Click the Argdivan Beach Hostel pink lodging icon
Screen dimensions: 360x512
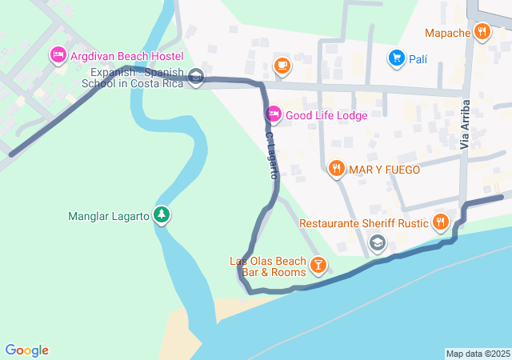(58, 56)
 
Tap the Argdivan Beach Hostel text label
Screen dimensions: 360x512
(126, 56)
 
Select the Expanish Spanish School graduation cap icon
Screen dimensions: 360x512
(197, 78)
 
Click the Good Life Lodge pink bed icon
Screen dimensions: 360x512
(274, 114)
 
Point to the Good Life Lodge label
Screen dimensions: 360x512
(326, 114)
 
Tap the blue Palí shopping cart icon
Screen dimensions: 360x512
(396, 58)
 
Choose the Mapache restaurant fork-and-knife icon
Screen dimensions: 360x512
(482, 33)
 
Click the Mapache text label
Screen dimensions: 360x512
(447, 33)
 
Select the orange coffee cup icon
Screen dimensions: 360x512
(281, 65)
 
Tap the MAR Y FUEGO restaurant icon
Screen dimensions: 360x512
(336, 169)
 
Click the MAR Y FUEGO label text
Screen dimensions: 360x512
(384, 169)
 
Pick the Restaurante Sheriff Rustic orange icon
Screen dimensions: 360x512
(439, 222)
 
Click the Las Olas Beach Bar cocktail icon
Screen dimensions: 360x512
(318, 264)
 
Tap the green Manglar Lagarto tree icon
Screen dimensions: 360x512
(162, 215)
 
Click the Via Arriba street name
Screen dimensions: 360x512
(465, 125)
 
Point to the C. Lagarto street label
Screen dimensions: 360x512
(272, 154)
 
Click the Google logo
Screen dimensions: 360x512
(26, 350)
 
